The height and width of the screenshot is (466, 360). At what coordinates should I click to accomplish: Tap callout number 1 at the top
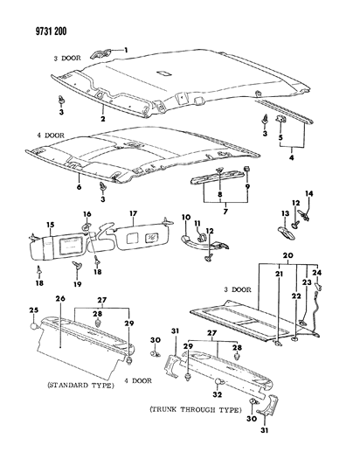point(125,50)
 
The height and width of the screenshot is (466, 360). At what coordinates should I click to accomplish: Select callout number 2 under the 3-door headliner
point(103,118)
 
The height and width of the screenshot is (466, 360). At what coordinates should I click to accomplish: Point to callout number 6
point(79,187)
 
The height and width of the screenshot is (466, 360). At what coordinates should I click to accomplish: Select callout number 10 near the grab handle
point(184,216)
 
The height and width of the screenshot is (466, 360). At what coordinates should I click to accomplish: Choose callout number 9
point(246,186)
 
